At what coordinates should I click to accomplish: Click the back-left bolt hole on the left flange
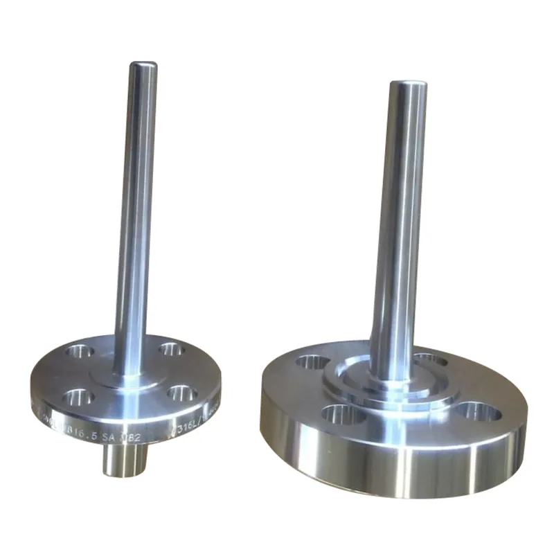click(x=80, y=352)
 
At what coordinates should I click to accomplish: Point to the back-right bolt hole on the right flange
click(x=431, y=359)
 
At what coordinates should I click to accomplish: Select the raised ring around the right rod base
click(x=392, y=395)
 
